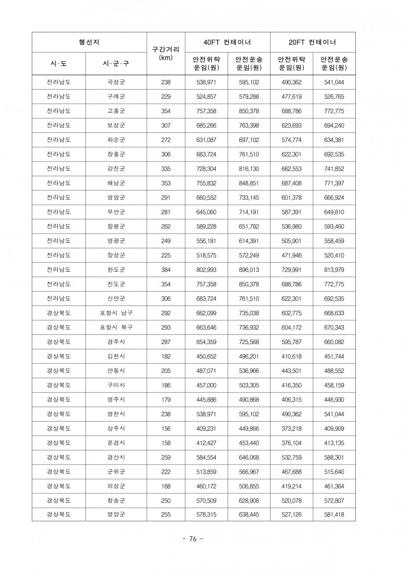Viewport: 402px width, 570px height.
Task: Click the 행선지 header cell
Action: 89,42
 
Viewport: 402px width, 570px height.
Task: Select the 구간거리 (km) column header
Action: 166,53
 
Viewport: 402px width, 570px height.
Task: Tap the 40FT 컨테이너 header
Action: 227,42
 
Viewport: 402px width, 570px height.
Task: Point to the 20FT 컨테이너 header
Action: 313,42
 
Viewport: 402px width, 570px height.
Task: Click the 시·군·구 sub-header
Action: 116,64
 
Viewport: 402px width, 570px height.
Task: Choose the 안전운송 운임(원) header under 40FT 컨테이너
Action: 249,64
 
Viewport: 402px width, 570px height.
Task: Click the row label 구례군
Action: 116,96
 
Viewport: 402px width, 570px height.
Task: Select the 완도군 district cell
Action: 116,270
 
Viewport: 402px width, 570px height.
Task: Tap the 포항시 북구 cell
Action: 116,328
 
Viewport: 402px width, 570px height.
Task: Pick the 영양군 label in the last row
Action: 116,515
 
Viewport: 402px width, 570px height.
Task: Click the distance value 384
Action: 166,270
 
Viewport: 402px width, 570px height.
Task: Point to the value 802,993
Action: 206,270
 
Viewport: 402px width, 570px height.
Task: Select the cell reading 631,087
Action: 206,140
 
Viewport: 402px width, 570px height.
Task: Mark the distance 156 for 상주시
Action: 166,428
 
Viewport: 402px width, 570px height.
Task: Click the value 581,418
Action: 334,515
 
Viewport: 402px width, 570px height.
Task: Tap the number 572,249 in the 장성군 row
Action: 249,255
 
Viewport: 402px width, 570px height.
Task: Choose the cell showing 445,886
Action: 206,399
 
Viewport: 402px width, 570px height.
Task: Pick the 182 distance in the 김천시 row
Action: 166,356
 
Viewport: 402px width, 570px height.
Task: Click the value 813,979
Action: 334,270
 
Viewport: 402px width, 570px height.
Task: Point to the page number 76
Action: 193,539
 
